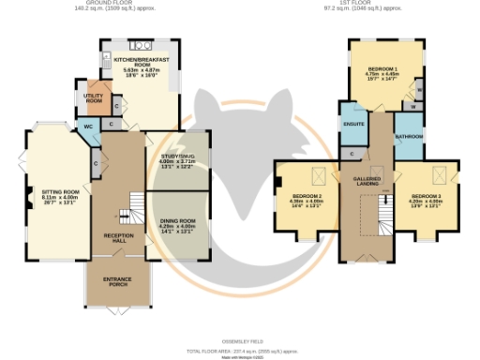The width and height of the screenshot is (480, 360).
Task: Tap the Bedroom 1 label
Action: point(383,71)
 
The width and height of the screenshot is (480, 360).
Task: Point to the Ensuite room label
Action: point(353,124)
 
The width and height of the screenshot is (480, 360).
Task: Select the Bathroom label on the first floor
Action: point(408,137)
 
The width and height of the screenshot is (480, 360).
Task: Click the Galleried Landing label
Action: point(366,180)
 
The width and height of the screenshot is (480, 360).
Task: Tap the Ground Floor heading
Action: point(113,4)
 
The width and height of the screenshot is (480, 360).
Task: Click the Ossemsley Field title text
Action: point(240,340)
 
